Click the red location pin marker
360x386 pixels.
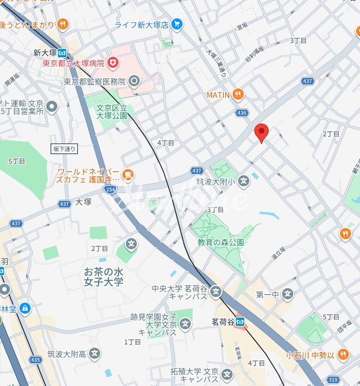click(262, 133)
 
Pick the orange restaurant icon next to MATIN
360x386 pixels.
click(238, 95)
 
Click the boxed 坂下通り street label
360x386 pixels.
click(65, 149)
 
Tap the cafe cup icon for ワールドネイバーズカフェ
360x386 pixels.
click(127, 175)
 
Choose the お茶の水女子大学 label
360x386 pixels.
click(103, 276)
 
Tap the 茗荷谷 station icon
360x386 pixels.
click(240, 321)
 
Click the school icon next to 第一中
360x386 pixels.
click(287, 293)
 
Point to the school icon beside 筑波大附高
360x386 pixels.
click(95, 353)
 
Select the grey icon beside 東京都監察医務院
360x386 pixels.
click(134, 82)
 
